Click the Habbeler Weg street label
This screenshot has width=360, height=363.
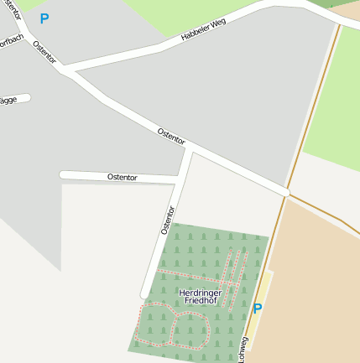(204, 30)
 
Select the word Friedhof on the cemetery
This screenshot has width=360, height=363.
(199, 300)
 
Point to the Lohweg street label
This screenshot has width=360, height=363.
(243, 350)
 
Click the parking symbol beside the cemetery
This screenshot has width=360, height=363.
(258, 309)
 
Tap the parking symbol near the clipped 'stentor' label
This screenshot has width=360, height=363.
(44, 18)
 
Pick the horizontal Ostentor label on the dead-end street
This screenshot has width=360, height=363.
(123, 177)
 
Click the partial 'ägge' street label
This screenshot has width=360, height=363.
(8, 100)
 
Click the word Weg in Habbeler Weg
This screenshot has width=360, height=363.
(217, 25)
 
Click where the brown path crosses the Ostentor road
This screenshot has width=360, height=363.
(287, 193)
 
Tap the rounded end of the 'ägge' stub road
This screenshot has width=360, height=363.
(28, 97)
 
